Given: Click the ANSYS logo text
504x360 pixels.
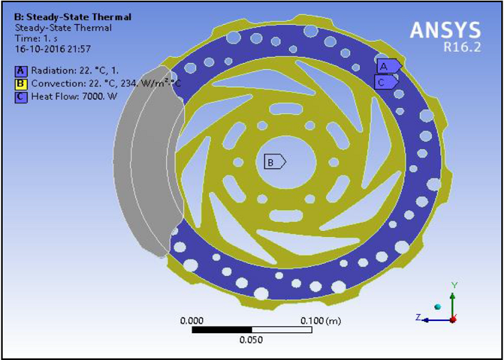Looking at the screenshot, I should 446,30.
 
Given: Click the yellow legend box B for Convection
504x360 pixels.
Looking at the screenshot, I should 22,83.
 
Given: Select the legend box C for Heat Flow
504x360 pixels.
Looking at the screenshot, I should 22,96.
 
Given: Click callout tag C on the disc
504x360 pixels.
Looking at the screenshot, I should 383,82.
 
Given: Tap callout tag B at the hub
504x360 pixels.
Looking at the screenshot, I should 272,162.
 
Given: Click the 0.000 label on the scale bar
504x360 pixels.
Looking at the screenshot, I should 193,321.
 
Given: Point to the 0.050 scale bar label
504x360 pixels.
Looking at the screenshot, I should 251,341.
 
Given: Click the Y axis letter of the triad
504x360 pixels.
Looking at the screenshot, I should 454,285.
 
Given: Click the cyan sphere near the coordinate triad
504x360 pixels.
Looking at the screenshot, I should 438,307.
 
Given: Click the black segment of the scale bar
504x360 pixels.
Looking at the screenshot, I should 222,330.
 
